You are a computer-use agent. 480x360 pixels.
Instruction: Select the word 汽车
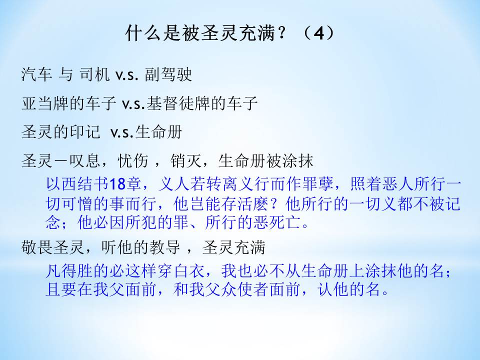point(37,74)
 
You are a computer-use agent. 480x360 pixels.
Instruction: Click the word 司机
point(95,74)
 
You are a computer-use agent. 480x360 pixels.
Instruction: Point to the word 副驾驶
point(168,74)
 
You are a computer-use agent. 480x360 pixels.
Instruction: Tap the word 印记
point(85,132)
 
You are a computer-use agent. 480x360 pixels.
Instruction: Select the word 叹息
point(85,160)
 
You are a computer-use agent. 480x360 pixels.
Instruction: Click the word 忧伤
point(133,160)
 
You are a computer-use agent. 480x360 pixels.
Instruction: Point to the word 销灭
point(186,160)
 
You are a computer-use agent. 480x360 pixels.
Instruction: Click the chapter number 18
point(117,184)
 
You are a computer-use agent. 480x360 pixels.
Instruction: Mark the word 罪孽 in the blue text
point(318,183)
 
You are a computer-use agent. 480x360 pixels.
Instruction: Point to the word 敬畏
point(37,247)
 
